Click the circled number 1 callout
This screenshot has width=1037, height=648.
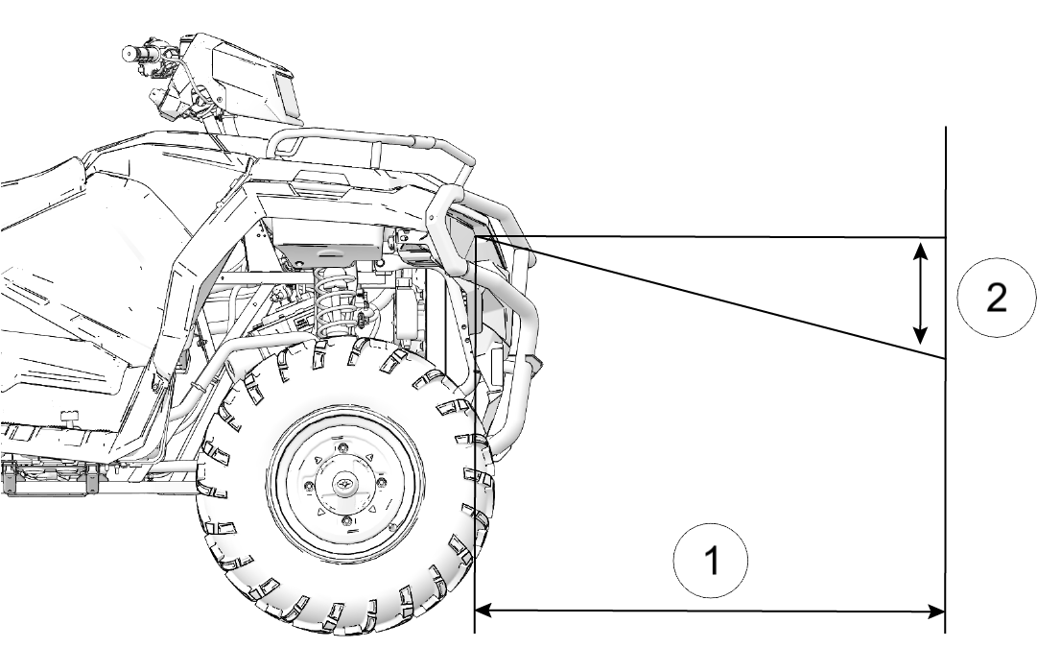tap(711, 559)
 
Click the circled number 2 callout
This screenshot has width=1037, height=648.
tap(996, 298)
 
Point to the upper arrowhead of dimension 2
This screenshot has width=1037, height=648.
tap(920, 250)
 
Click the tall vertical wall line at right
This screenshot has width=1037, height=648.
tap(947, 432)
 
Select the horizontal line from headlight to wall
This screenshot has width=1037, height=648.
tap(719, 236)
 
